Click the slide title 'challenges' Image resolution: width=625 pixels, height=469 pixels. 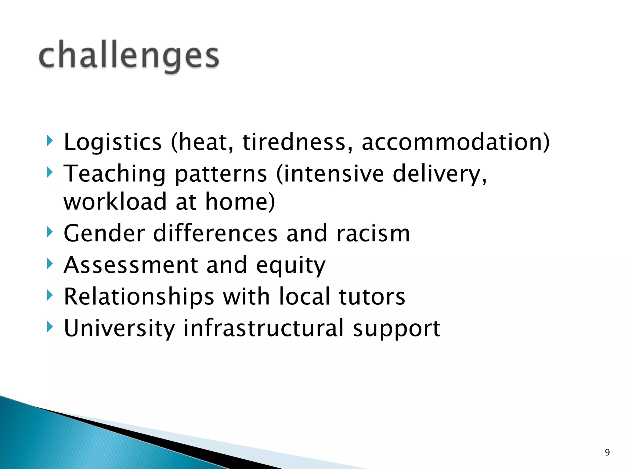coord(129,56)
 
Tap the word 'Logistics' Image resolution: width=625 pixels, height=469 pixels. coord(112,142)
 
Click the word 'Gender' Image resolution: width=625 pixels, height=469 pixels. coord(104,234)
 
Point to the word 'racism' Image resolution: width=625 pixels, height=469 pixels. coord(373,234)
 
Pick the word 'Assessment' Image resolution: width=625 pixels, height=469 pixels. coord(131,265)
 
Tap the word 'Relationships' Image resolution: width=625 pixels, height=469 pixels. coord(139,296)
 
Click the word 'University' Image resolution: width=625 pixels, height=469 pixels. coord(119,329)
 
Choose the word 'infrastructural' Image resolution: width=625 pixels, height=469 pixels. coord(264,328)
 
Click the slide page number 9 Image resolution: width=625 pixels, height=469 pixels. coord(607,452)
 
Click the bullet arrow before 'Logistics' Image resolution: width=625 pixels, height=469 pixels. coord(50,141)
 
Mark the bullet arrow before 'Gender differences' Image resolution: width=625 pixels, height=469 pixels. coord(50,232)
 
